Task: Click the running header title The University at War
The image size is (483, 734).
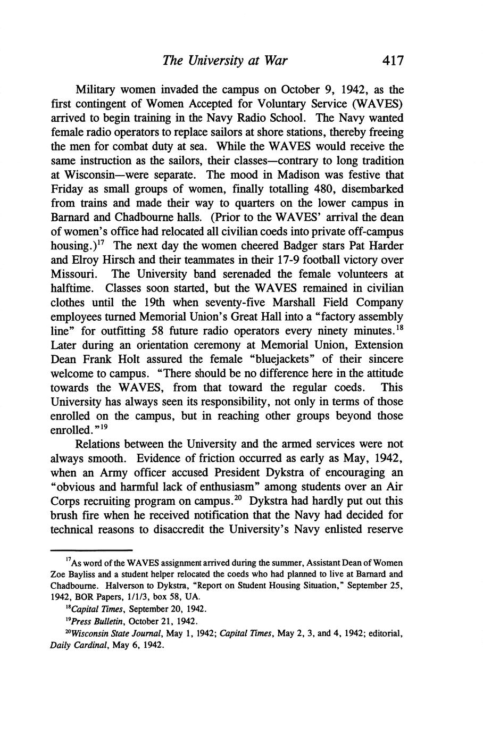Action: pos(225,60)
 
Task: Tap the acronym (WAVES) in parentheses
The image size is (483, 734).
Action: pos(378,103)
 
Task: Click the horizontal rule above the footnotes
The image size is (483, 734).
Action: pos(91,550)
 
